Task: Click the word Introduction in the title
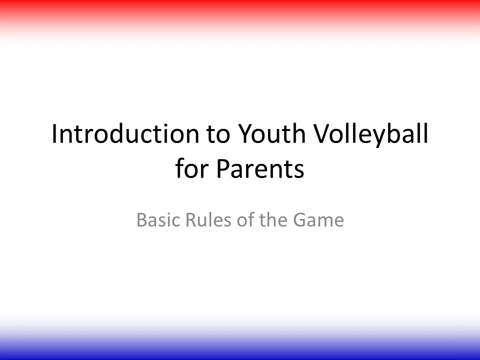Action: coord(125,133)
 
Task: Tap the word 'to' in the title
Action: coord(218,134)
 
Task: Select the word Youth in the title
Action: coord(271,133)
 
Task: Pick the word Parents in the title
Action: coord(260,168)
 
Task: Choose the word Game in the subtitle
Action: coord(318,220)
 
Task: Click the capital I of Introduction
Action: coord(54,134)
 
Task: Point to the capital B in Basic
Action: coord(141,220)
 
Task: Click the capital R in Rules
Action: coord(191,220)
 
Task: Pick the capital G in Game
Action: coord(299,220)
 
